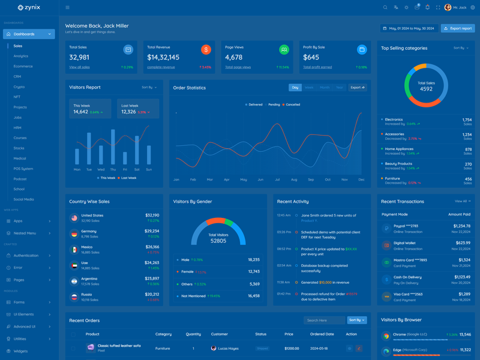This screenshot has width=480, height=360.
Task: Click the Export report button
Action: click(x=458, y=28)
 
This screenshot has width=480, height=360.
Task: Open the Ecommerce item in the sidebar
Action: click(x=23, y=66)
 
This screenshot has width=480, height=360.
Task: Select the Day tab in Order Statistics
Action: click(x=295, y=88)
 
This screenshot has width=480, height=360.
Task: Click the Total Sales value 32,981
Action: click(x=79, y=57)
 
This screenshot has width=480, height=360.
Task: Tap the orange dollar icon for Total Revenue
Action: click(x=206, y=50)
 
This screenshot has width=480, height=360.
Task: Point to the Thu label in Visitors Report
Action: click(x=113, y=169)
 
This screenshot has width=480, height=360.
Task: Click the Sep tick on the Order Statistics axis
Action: click(x=311, y=179)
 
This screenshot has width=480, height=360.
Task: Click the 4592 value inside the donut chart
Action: click(x=426, y=89)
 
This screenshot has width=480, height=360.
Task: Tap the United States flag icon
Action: click(x=74, y=218)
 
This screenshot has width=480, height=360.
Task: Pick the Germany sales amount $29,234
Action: click(x=152, y=230)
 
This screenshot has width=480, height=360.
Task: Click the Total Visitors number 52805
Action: click(x=218, y=241)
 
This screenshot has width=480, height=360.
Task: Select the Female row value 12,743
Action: click(x=254, y=272)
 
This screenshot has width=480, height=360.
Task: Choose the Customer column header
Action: click(x=220, y=334)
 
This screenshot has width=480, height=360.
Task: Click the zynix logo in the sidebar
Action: click(x=29, y=8)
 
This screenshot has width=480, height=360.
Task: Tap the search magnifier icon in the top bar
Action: click(x=385, y=8)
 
